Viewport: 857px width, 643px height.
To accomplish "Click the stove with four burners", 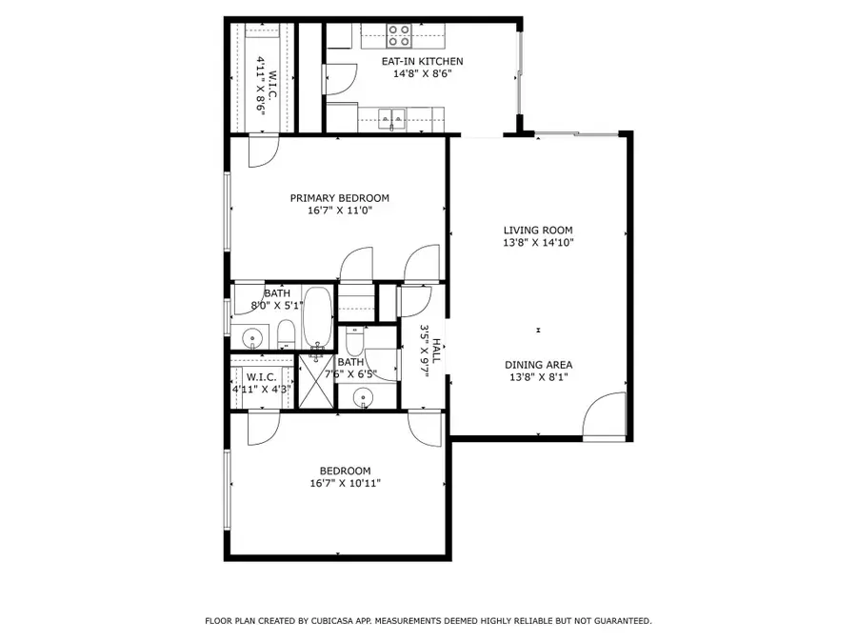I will coord(400,36).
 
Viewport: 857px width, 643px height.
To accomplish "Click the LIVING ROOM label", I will coord(538,230).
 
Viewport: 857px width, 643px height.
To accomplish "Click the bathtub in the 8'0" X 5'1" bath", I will coord(318,318).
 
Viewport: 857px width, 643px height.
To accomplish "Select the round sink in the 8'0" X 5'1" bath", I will coord(252,337).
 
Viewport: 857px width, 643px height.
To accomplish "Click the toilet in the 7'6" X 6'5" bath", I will coord(354,340).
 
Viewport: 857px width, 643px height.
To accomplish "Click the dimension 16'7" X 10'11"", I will coord(346,483).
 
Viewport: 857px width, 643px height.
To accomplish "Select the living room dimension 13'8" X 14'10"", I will coord(538,242).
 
